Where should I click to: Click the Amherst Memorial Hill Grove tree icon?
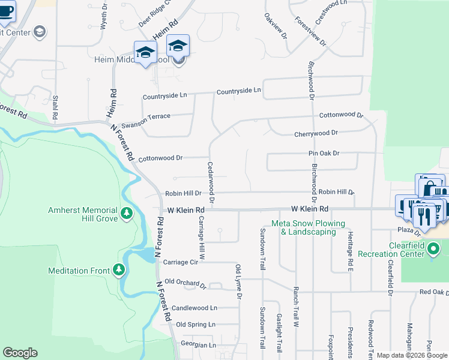[x=127, y=213]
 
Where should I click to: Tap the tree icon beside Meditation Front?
[x=119, y=270]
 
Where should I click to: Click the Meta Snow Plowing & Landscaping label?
[x=309, y=227]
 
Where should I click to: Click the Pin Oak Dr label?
[x=324, y=153]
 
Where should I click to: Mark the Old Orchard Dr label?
[x=185, y=282]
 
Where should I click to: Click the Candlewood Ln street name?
[x=194, y=308]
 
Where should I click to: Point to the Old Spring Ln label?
[x=195, y=325]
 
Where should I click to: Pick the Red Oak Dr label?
[x=433, y=292]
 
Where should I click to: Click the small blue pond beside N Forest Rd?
[x=146, y=256]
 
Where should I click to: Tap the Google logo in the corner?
[x=20, y=353]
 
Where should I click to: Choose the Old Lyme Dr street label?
[x=238, y=281]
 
